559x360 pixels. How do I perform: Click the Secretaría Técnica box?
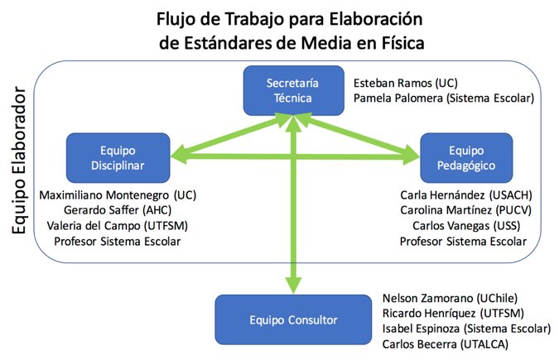tap(292, 91)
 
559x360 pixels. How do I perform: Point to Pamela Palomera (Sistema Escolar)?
tap(444, 98)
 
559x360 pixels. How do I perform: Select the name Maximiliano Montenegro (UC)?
tap(123, 195)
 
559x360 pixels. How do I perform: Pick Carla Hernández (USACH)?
tap(465, 195)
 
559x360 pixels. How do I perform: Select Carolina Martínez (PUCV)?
tap(465, 210)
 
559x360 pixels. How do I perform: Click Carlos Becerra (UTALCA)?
tap(446, 343)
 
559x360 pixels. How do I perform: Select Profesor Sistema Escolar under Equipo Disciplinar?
tap(118, 241)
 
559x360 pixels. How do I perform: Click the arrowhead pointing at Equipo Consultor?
tap(292, 285)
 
